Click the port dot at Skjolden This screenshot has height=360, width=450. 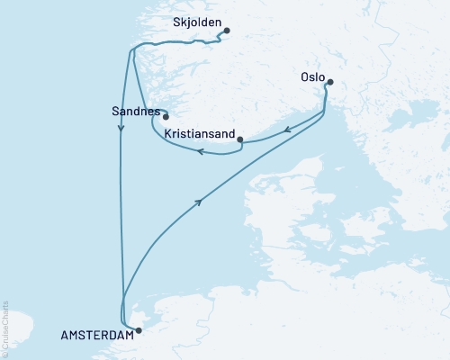click(227, 31)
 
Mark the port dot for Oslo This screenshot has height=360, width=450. click(330, 83)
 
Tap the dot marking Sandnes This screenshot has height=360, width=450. click(166, 116)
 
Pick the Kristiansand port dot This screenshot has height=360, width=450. click(239, 139)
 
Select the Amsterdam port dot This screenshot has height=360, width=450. click(138, 330)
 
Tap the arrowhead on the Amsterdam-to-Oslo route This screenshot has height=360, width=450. click(198, 202)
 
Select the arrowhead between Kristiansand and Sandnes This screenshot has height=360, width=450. click(200, 151)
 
